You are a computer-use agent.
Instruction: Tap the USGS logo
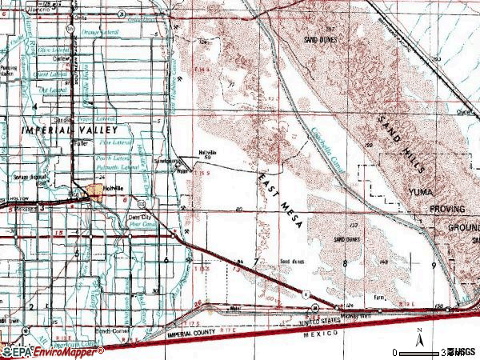(x=462, y=351)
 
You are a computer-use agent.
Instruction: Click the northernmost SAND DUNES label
(x=318, y=39)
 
